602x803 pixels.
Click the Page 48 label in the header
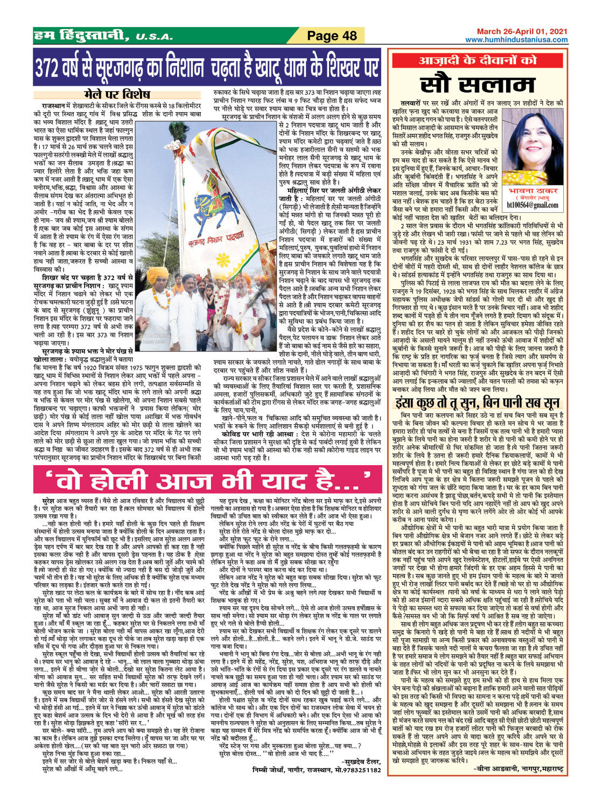coord(332,36)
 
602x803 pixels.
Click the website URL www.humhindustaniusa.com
coord(516,40)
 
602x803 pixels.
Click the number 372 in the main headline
coord(51,67)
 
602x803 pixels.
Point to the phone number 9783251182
coord(358,770)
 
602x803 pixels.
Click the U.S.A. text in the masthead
coord(154,37)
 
